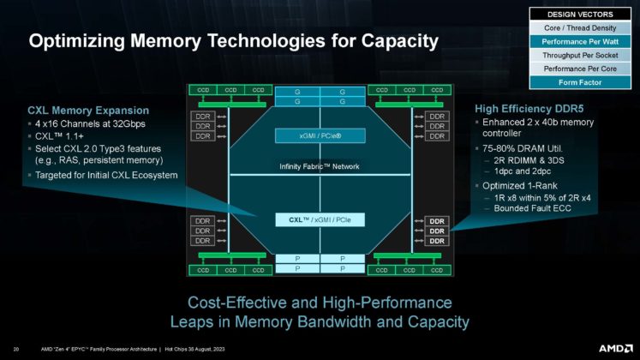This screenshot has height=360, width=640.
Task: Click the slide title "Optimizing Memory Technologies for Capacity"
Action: tap(234, 40)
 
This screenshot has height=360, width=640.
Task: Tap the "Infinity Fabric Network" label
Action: tap(319, 165)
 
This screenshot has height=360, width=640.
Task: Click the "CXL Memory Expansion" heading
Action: tap(88, 111)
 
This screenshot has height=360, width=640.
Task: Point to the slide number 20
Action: tap(20, 349)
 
